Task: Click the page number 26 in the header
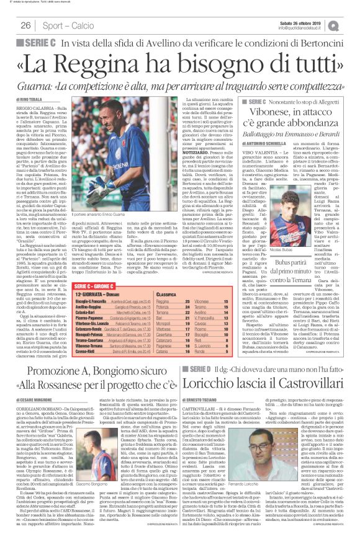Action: pyautogui.click(x=25, y=25)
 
